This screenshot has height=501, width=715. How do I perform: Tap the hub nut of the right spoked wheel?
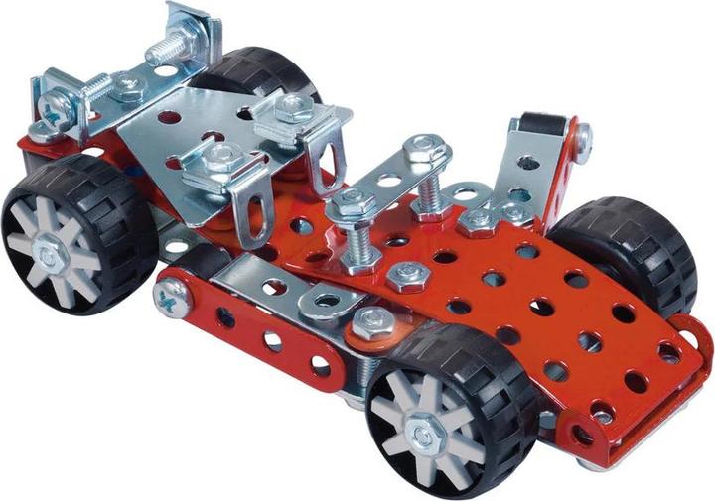[x=430, y=429]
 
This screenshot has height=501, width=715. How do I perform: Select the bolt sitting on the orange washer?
[x=373, y=320]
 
